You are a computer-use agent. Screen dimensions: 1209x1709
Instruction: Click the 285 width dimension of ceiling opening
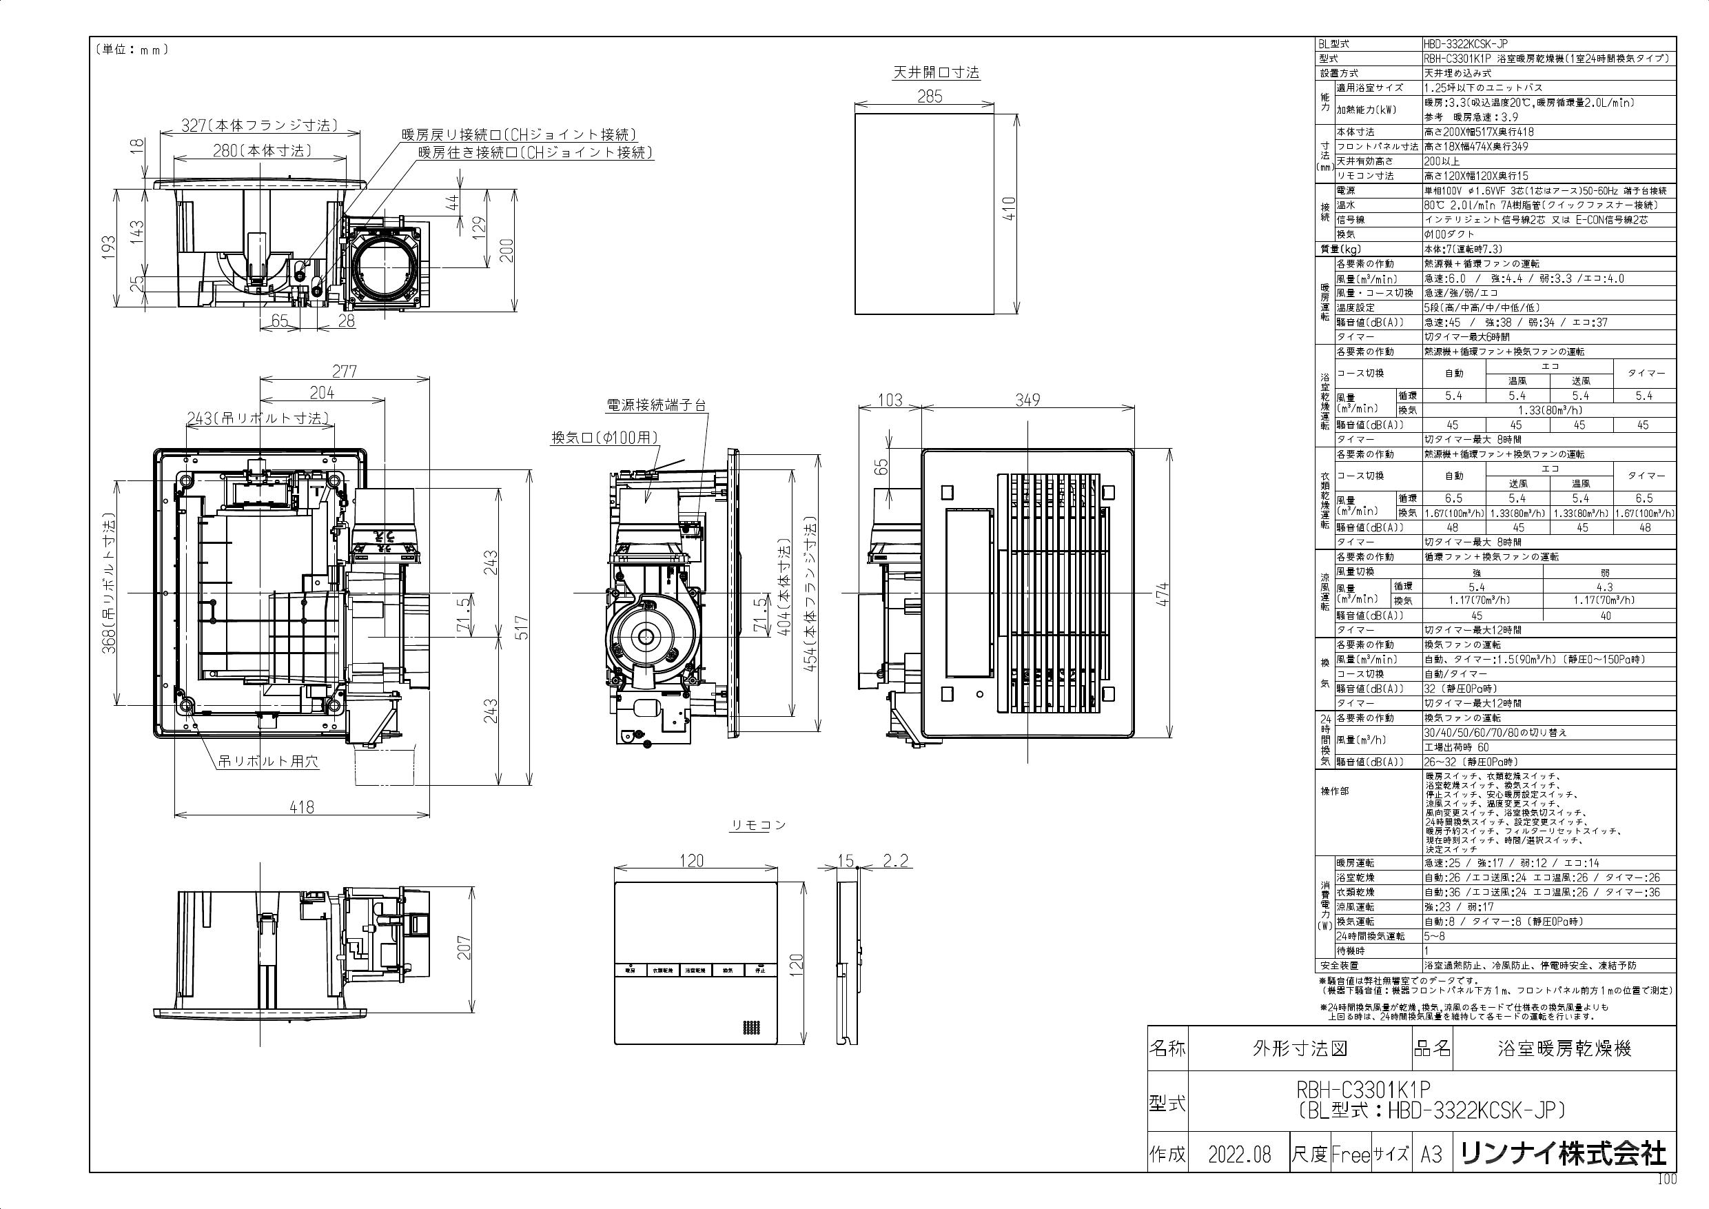point(930,96)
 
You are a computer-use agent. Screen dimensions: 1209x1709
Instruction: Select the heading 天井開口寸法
point(936,73)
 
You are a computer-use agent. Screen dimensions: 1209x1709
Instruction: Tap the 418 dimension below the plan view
point(301,806)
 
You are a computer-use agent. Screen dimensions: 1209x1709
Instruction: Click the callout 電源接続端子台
point(656,406)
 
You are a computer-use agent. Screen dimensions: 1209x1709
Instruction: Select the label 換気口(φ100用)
point(604,438)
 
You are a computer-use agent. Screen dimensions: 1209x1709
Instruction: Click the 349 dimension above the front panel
point(1027,400)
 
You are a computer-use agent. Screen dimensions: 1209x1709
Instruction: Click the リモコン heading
point(757,825)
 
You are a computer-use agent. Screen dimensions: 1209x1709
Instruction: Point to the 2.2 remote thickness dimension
point(895,862)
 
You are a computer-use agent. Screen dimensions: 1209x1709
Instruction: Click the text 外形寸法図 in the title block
point(1300,1049)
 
